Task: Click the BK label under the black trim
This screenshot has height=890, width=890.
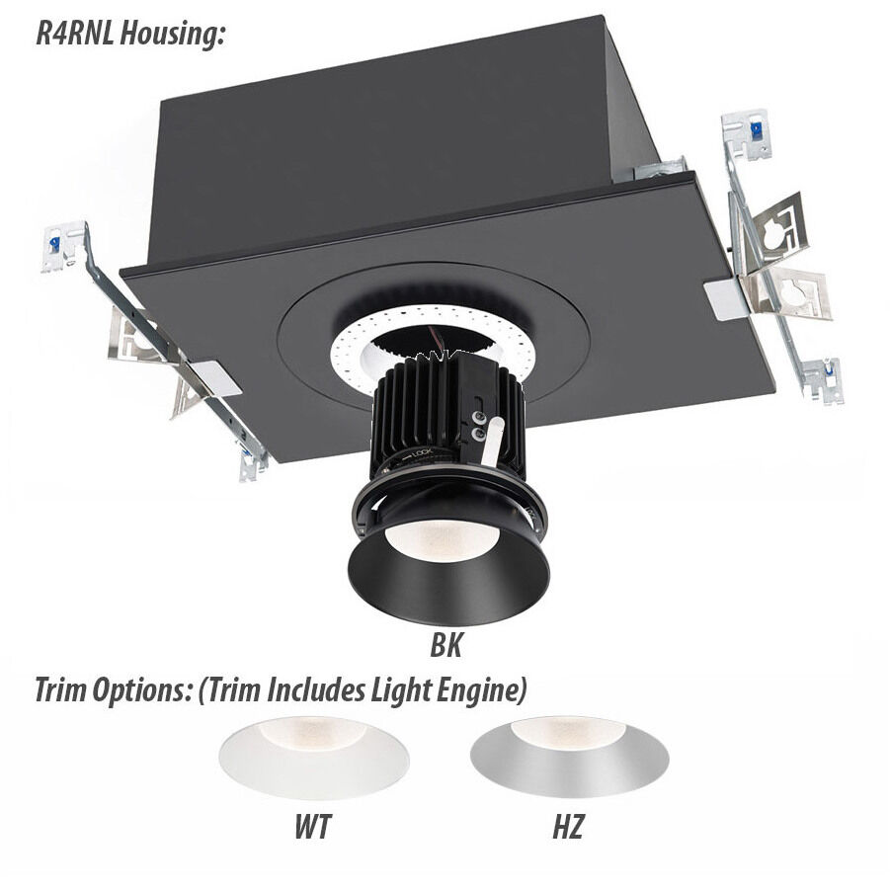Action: [446, 647]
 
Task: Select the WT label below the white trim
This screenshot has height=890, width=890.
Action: [311, 826]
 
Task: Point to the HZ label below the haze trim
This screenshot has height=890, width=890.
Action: [566, 826]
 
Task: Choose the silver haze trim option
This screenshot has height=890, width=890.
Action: [567, 756]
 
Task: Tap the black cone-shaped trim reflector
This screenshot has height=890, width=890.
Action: [446, 583]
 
